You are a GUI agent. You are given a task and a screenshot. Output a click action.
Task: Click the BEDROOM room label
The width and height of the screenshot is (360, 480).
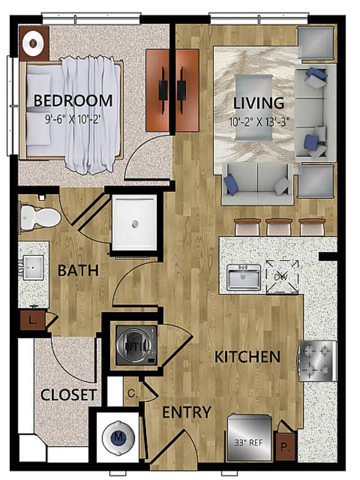coord(73,101)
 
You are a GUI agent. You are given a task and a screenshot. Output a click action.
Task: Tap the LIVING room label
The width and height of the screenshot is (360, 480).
coord(259,103)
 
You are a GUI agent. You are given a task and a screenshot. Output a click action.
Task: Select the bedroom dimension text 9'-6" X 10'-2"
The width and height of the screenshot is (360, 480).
coord(73,119)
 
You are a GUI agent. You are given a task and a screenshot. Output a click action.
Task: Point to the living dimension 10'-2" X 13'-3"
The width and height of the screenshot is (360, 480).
coord(259,122)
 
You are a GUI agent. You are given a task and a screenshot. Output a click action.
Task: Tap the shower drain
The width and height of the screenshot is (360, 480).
coord(135,225)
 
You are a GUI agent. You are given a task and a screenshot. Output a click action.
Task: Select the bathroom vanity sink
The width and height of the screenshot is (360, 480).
coord(34,267)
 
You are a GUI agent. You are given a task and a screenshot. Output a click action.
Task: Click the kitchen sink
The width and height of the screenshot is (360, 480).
coord(244,277)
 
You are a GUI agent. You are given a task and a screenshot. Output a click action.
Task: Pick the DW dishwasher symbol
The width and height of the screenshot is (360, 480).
coord(282,277)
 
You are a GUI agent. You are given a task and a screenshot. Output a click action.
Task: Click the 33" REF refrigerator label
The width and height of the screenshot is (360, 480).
coord(248,442)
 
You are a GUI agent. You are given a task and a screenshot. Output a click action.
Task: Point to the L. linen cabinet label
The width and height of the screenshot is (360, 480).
coord(33,321)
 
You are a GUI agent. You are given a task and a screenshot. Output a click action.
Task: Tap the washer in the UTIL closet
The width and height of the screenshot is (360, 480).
coord(136,345)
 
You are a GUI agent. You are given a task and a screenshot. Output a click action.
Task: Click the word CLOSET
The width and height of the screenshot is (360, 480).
coord(69,395)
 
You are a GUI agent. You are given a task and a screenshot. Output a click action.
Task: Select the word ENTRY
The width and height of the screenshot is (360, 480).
coord(187,412)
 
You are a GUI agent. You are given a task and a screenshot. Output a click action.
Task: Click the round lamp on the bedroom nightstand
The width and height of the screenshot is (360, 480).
coord(33,43)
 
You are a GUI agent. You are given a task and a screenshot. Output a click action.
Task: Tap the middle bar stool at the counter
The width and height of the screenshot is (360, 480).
coord(278,226)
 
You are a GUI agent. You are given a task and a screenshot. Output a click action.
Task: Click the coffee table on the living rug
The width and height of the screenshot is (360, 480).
coord(254,107)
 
